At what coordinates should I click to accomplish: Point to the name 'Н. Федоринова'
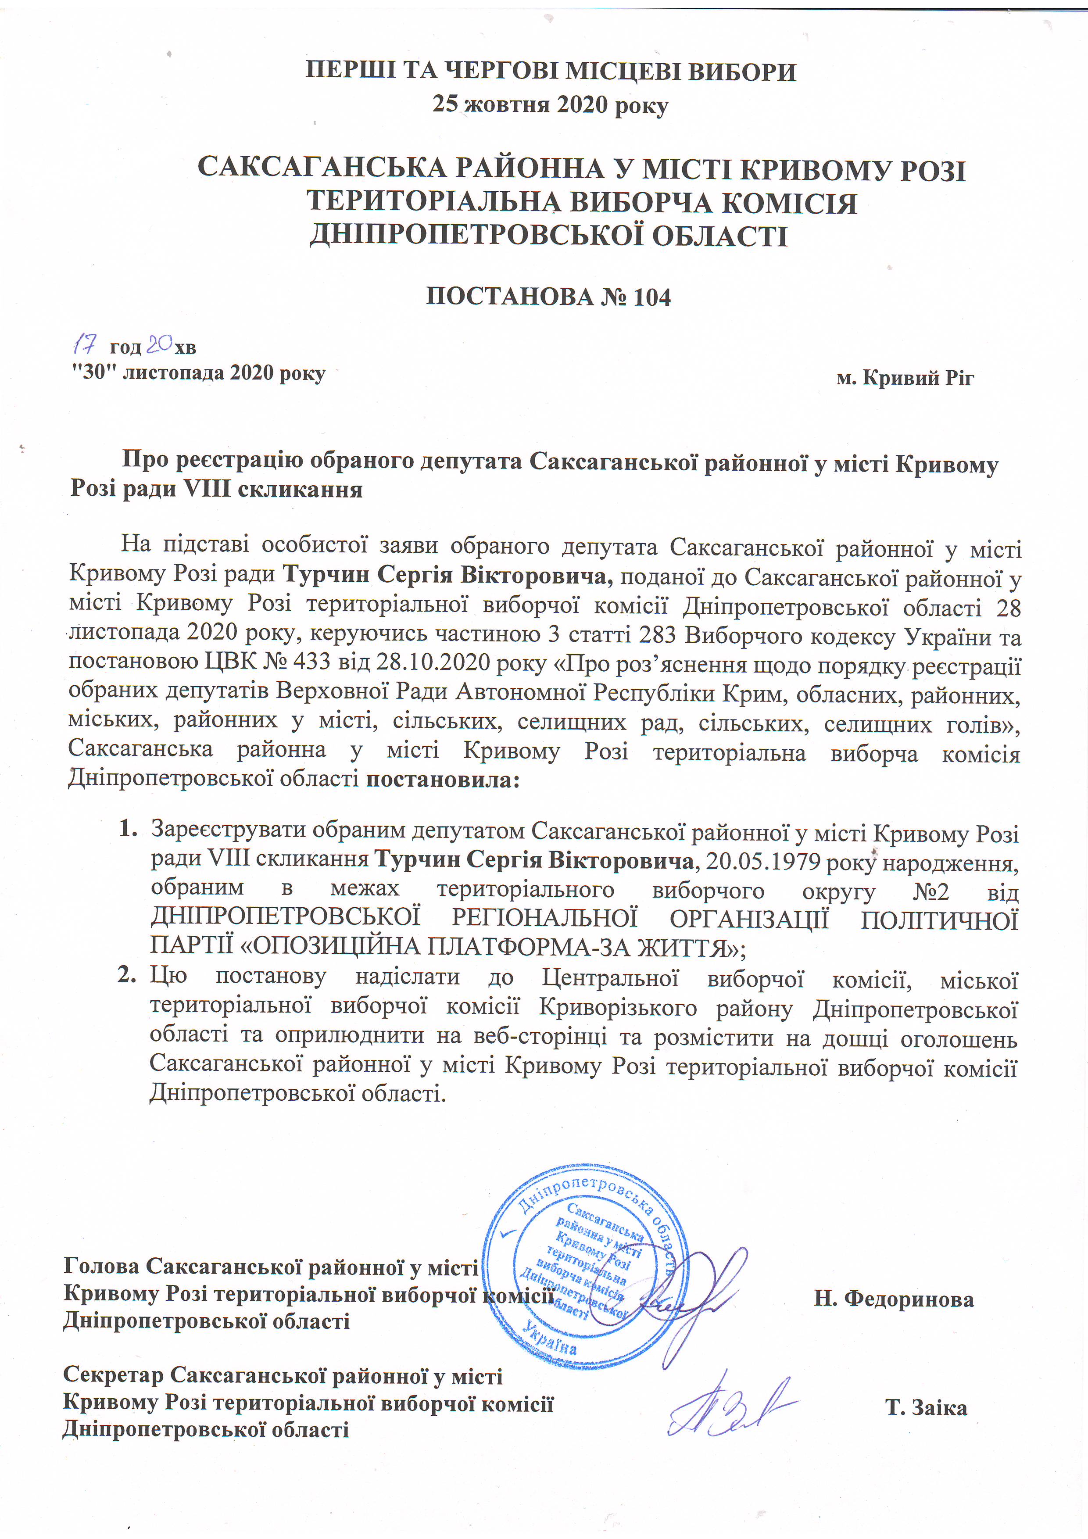[894, 1298]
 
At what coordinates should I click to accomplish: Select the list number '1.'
[128, 830]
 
